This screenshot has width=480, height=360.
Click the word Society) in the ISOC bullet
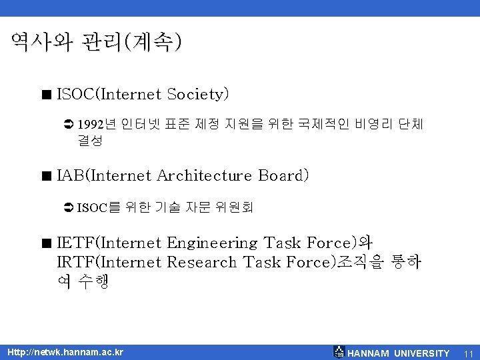[x=199, y=95]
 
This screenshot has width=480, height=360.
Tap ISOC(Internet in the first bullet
[x=110, y=95]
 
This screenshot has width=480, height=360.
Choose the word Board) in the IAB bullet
[x=283, y=176]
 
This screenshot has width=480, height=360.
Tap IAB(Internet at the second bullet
[x=105, y=176]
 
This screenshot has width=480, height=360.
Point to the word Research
[x=202, y=262]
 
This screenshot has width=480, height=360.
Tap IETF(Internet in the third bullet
[x=109, y=243]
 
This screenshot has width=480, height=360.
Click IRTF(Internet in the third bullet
[x=109, y=262]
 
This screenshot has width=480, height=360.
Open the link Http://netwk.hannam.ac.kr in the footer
[x=65, y=352]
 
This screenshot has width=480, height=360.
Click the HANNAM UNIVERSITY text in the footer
[x=399, y=353]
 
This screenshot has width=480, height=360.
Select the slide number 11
[x=468, y=353]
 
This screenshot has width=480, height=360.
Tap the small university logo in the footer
[x=339, y=352]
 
